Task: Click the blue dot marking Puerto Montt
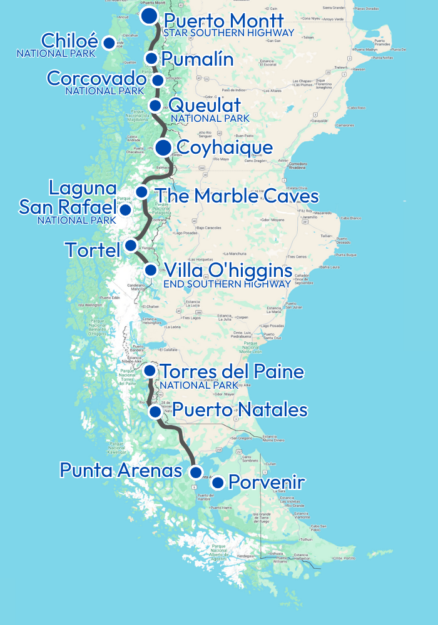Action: click(x=149, y=16)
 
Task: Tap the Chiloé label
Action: click(x=69, y=41)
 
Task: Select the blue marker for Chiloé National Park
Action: click(x=109, y=43)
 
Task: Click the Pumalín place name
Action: click(x=197, y=59)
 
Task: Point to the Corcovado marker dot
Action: click(x=158, y=80)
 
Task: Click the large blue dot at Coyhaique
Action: click(x=163, y=147)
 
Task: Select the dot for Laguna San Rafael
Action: click(x=125, y=209)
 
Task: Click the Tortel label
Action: click(x=92, y=251)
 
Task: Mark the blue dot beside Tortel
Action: click(x=130, y=245)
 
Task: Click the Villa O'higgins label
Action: click(x=228, y=271)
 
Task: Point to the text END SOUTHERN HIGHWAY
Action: click(x=227, y=284)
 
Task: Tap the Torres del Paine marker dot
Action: click(x=150, y=371)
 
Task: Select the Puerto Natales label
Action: click(x=240, y=410)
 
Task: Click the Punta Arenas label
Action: click(x=120, y=470)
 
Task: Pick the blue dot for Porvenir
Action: click(x=218, y=482)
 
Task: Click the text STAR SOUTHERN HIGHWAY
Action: click(x=228, y=32)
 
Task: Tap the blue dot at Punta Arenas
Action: click(x=196, y=472)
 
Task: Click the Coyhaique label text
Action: click(x=225, y=147)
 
